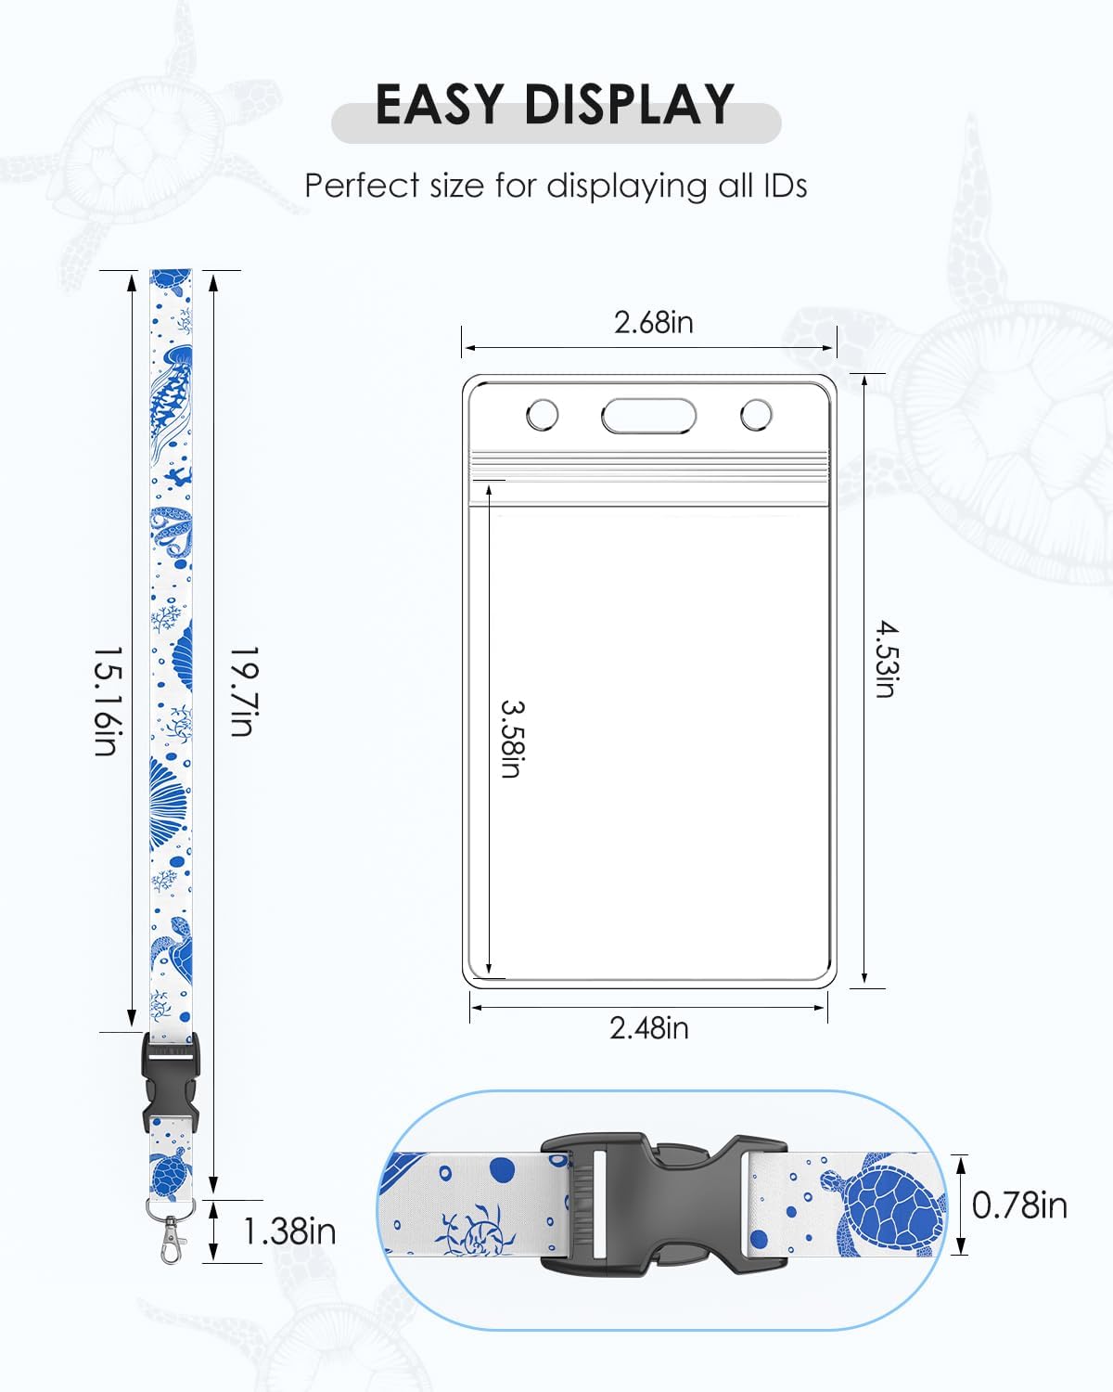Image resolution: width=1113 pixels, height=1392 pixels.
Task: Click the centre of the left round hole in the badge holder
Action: [542, 415]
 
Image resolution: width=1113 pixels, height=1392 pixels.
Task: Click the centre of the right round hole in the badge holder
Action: [756, 415]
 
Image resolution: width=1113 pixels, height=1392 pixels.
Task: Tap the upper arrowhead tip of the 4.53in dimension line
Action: [864, 375]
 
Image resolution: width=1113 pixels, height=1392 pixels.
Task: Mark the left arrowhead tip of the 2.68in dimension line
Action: [465, 348]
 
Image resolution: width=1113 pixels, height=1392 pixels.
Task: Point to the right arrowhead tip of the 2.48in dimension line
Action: [825, 1008]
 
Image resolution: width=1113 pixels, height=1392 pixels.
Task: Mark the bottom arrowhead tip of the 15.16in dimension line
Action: [132, 1027]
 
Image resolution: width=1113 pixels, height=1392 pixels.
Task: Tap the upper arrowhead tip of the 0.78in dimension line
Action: [961, 1156]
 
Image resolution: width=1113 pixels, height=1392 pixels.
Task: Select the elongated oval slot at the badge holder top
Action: [648, 415]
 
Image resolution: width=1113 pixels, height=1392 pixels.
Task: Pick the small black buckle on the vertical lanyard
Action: [171, 1084]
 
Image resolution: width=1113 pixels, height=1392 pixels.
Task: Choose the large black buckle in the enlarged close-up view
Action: [663, 1205]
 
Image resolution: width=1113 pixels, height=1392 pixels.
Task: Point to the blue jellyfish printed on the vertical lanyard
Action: [172, 401]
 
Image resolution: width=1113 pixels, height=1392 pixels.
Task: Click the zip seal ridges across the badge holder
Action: [648, 467]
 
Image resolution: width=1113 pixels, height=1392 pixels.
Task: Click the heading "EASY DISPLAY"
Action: [555, 104]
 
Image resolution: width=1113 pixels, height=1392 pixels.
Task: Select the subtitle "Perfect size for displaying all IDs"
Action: [556, 187]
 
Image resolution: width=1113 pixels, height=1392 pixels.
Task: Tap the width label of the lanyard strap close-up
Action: [1019, 1205]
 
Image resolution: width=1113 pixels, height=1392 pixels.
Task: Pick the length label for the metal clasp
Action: [289, 1231]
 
